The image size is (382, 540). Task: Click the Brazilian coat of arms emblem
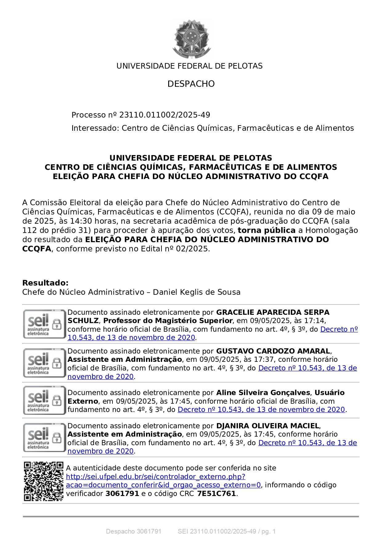(x=192, y=38)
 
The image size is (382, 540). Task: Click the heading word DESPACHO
(x=191, y=84)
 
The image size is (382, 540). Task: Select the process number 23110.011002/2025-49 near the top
(x=165, y=115)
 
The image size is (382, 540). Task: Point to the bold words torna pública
(x=266, y=230)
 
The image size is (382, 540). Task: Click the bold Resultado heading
(x=45, y=283)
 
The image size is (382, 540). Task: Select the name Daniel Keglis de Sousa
(x=197, y=292)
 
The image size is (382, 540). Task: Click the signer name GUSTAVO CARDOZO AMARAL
(x=273, y=351)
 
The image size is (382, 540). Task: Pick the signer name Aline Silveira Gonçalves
(x=263, y=393)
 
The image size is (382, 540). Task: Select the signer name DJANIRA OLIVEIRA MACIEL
(x=268, y=426)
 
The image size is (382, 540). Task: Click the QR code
(x=43, y=481)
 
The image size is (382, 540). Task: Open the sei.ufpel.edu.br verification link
(x=156, y=477)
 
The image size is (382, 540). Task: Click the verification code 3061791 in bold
(x=122, y=494)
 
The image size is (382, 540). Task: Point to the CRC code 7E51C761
(x=216, y=494)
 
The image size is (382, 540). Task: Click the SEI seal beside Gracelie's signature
(x=44, y=324)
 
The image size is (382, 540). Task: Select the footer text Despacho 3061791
(x=133, y=531)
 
